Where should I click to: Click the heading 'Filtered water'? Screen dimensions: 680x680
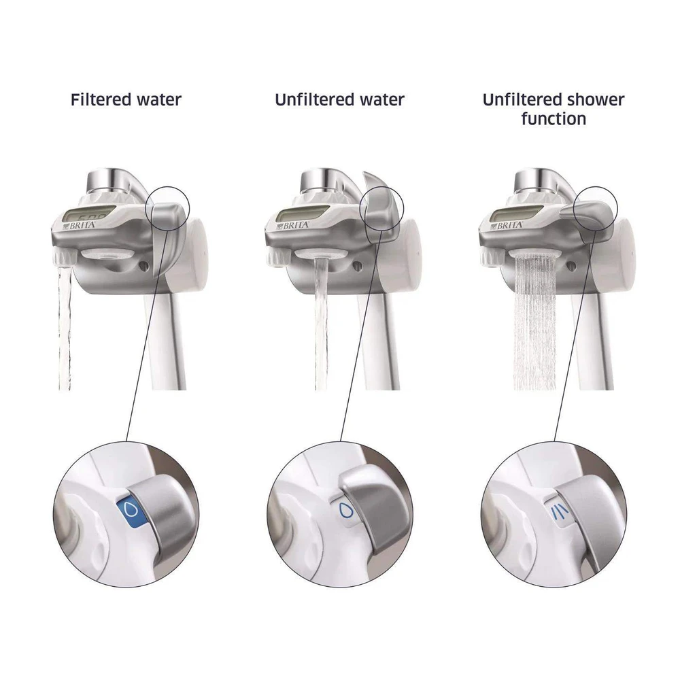click(x=126, y=100)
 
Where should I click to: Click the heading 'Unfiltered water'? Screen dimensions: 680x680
click(x=339, y=100)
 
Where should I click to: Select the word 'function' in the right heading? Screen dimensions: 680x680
click(x=554, y=119)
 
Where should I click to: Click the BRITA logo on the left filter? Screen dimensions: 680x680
click(x=80, y=226)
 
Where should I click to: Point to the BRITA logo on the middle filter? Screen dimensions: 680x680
click(x=294, y=226)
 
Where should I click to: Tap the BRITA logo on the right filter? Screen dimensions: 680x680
click(x=507, y=226)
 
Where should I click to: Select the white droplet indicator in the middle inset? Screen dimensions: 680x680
click(x=345, y=511)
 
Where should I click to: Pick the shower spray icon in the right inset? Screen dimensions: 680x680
click(x=556, y=513)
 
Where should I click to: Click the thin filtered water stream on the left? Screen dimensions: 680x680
click(x=64, y=328)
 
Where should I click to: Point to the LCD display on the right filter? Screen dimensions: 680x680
click(x=515, y=215)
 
